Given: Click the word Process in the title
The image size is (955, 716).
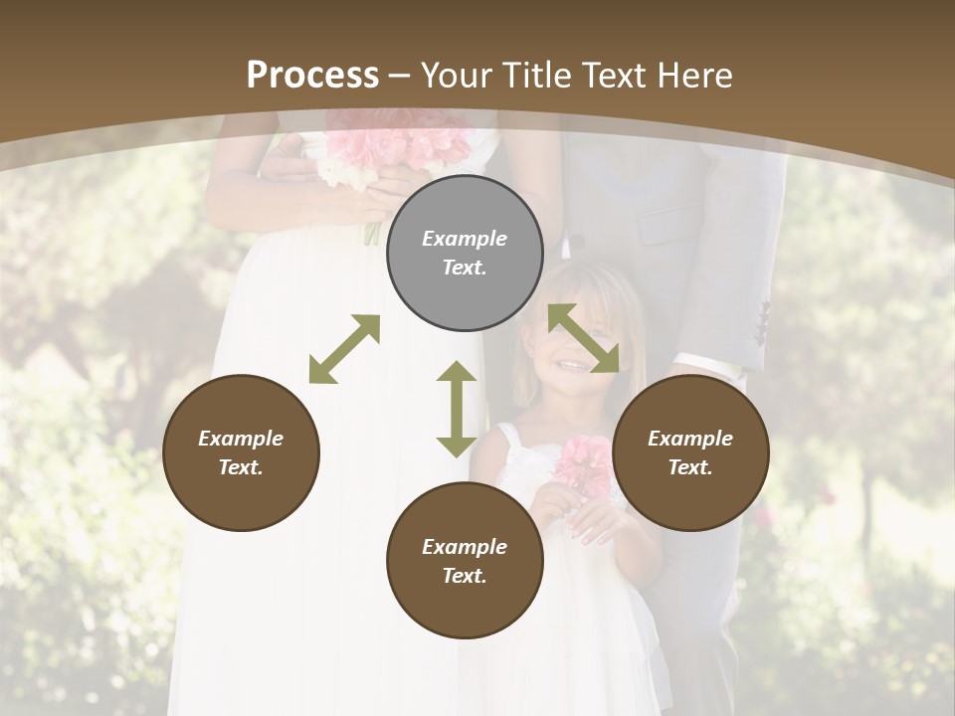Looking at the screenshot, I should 312,76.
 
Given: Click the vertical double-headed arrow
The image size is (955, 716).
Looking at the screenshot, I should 457,409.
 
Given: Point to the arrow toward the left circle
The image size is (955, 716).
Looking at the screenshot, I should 344,349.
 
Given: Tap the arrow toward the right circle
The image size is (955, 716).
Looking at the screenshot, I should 584,338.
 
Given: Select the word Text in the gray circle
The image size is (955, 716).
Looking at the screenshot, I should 465,268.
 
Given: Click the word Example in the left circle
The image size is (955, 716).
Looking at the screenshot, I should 241,439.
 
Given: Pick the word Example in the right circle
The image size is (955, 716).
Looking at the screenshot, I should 690,439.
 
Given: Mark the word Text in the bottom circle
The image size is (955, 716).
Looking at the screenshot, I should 465,576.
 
